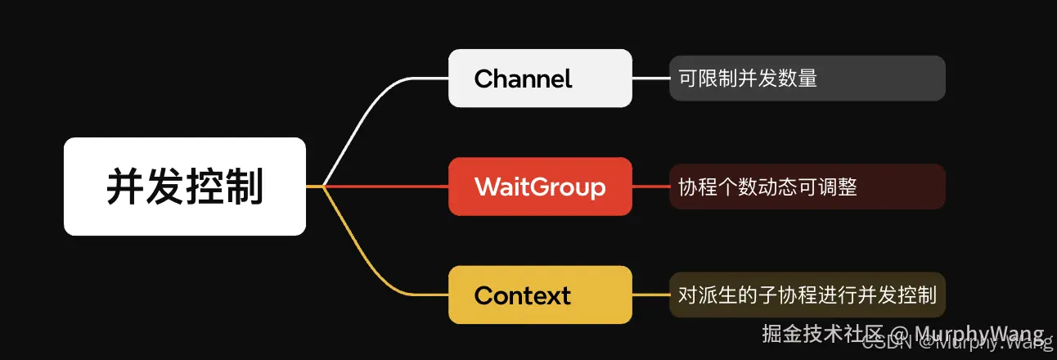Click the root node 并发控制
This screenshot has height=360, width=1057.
tap(185, 187)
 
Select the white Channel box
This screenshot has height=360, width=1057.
tap(540, 78)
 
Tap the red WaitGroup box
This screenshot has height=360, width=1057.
tap(540, 187)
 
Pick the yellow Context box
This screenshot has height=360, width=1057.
tap(540, 295)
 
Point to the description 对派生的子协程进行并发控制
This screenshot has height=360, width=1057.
tap(807, 295)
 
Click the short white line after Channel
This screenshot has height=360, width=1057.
tap(650, 79)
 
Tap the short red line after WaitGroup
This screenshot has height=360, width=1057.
tap(650, 187)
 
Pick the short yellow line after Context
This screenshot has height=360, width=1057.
tap(650, 295)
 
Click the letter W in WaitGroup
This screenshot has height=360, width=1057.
tap(488, 187)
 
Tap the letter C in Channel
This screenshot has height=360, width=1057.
tap(483, 79)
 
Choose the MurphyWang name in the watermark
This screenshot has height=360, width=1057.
tap(978, 334)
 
